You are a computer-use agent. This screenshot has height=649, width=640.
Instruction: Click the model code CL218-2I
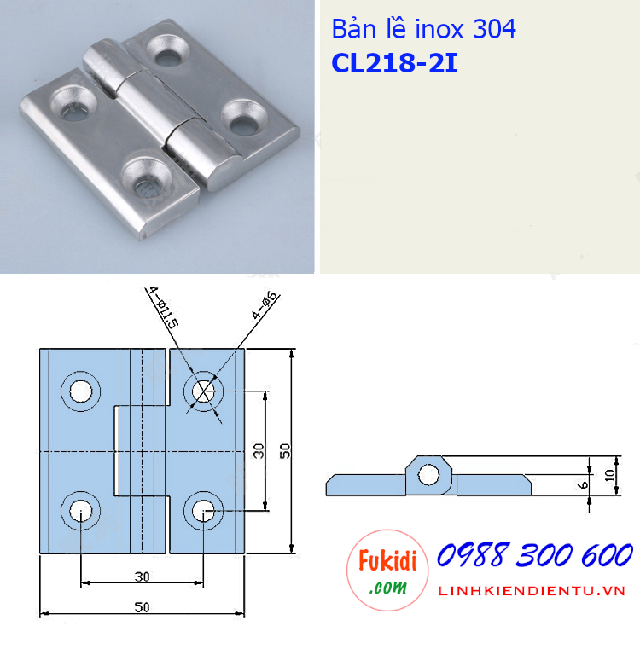[x=393, y=65]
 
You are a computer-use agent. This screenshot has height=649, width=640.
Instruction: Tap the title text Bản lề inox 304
[x=423, y=30]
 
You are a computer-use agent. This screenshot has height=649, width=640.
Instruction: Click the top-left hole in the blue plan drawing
[x=81, y=391]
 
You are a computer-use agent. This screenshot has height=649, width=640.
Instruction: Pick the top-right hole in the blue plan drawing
[x=204, y=391]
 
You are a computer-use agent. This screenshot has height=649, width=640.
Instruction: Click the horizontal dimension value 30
[x=142, y=577]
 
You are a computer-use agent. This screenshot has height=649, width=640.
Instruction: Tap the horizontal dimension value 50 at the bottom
[x=142, y=606]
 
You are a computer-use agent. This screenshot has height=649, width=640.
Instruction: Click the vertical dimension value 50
[x=285, y=450]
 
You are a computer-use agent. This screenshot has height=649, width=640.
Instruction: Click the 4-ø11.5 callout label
[x=162, y=309]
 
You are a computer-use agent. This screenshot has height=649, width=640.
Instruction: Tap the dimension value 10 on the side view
[x=608, y=476]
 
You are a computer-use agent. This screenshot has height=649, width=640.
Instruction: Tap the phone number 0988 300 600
[x=534, y=556]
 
